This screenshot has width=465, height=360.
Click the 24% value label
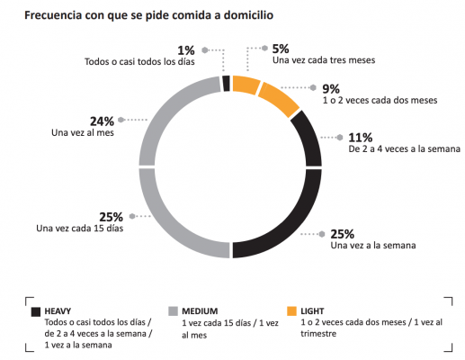(100, 120)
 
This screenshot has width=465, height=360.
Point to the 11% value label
(360, 137)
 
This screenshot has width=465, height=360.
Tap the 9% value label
(332, 88)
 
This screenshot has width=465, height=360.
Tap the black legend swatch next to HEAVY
(37, 310)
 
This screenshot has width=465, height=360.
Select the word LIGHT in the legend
(315, 310)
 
